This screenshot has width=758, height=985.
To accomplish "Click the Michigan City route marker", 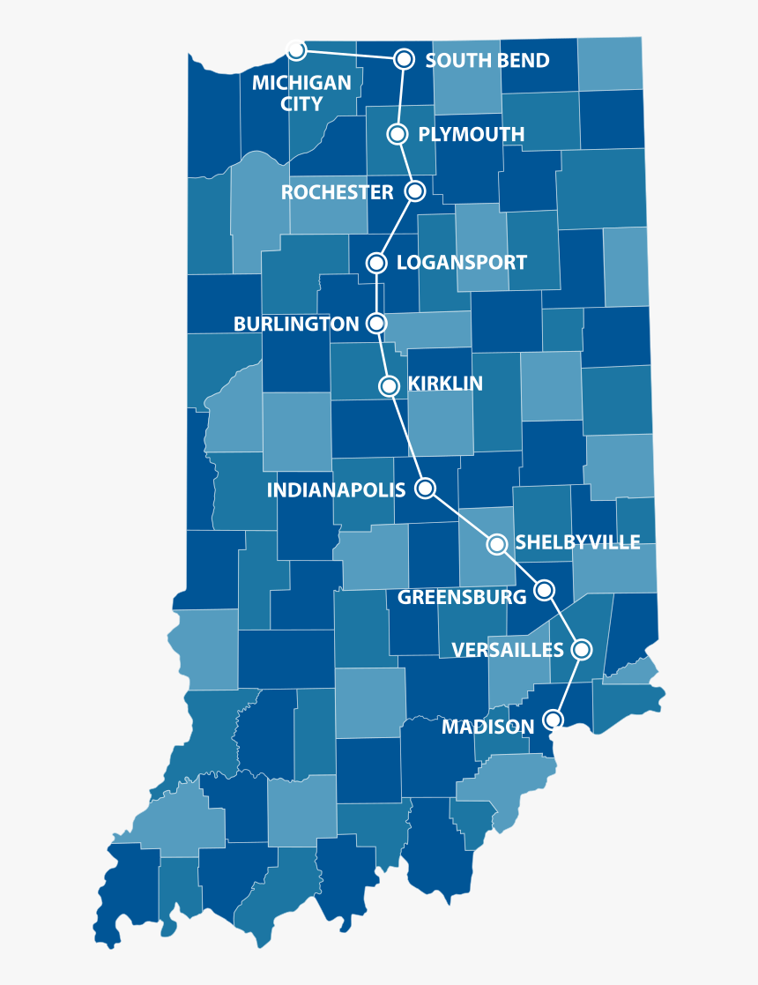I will pyautogui.click(x=297, y=49).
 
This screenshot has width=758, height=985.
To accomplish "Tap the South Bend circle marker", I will pyautogui.click(x=404, y=59).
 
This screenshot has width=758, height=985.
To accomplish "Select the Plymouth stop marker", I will pyautogui.click(x=398, y=134).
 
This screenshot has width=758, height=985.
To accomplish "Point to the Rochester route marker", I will pyautogui.click(x=415, y=190).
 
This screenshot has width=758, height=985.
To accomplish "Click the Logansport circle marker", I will pyautogui.click(x=377, y=262).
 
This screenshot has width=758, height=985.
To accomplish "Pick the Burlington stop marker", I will pyautogui.click(x=377, y=324).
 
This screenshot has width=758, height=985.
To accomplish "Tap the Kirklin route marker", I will pyautogui.click(x=389, y=385).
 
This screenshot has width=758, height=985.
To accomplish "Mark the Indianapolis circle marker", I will pyautogui.click(x=426, y=488).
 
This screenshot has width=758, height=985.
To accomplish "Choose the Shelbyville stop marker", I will pyautogui.click(x=497, y=544).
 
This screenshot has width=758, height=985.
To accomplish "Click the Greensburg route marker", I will pyautogui.click(x=545, y=589).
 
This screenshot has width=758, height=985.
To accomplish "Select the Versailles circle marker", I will pyautogui.click(x=581, y=650).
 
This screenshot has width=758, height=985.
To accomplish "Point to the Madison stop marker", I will pyautogui.click(x=553, y=720).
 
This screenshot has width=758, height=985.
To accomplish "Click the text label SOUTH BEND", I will pyautogui.click(x=487, y=61).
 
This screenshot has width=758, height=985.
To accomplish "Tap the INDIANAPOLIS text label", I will pyautogui.click(x=337, y=490).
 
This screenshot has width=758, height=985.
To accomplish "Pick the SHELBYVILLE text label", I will pyautogui.click(x=578, y=542).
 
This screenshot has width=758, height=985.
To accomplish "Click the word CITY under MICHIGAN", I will pyautogui.click(x=301, y=104).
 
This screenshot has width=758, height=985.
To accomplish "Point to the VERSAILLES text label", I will pyautogui.click(x=508, y=651).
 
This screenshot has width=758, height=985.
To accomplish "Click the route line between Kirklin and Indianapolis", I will pyautogui.click(x=407, y=437).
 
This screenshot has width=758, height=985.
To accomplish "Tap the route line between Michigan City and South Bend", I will pyautogui.click(x=350, y=54).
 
